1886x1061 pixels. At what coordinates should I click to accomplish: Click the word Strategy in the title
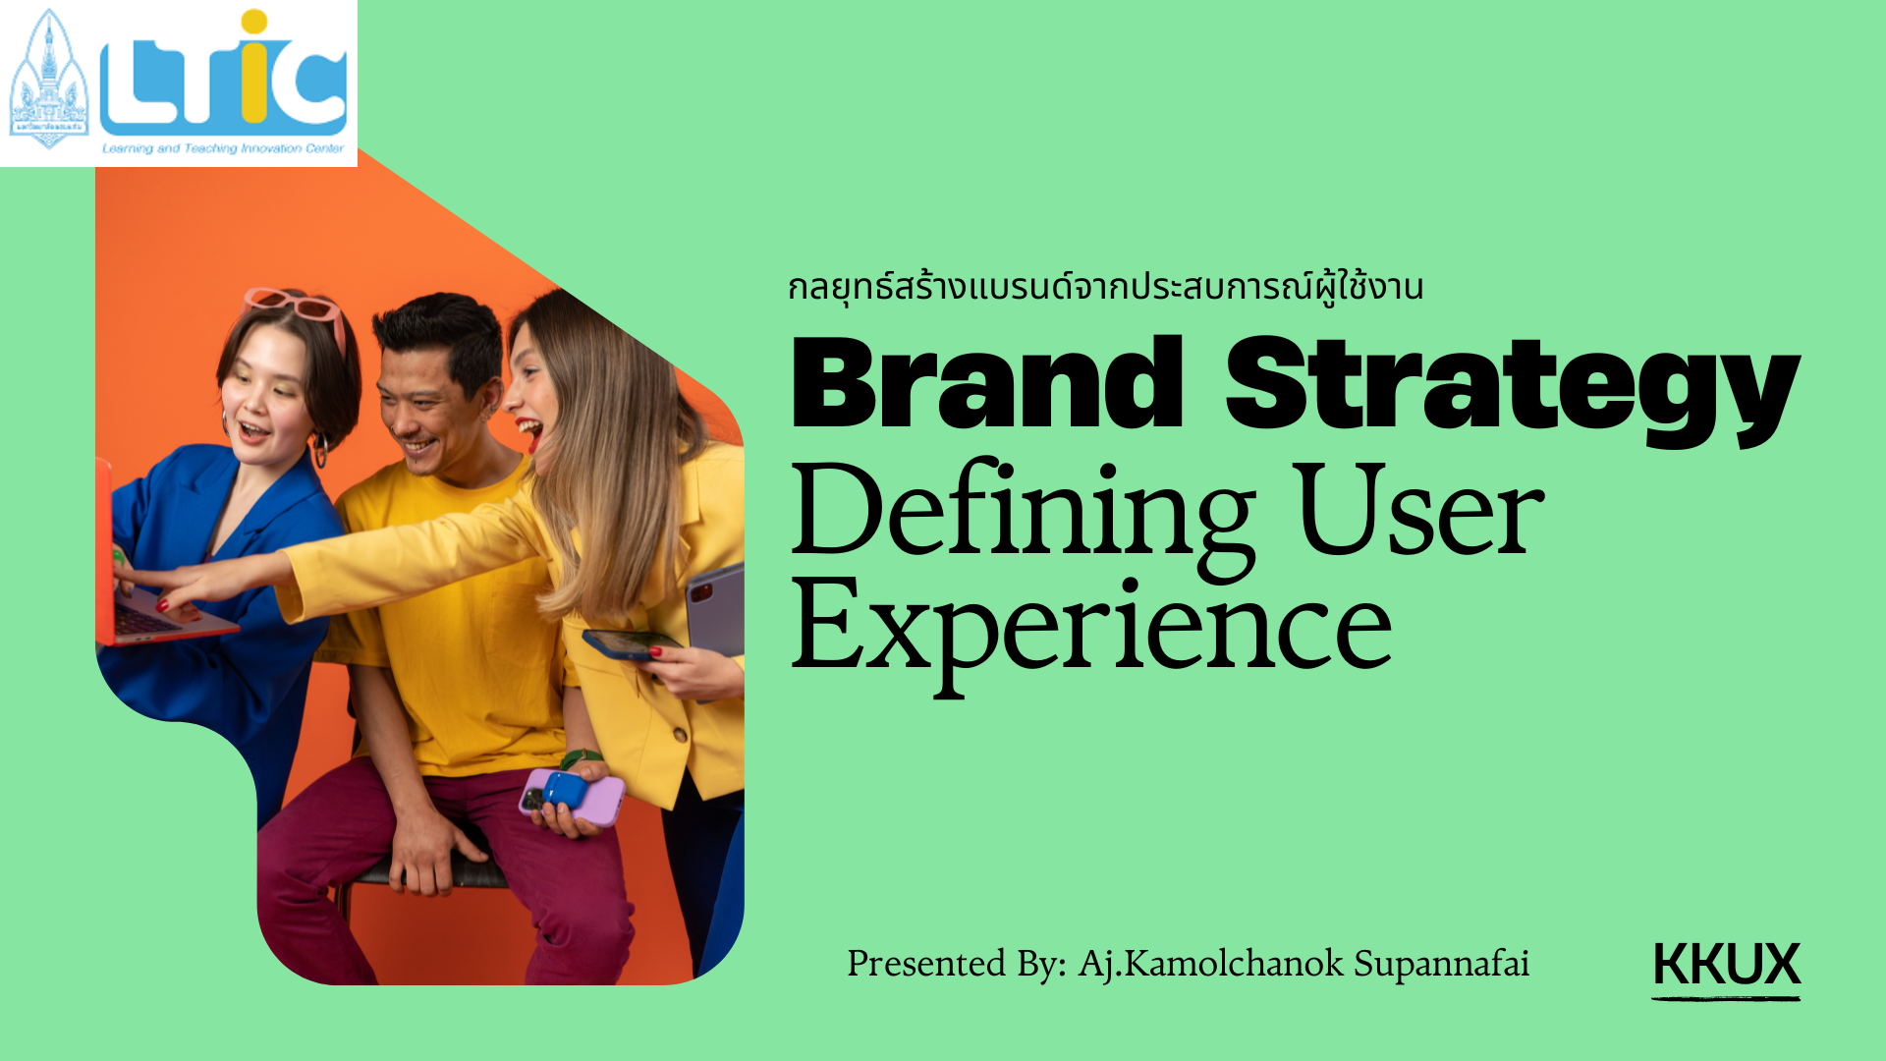tap(1513, 391)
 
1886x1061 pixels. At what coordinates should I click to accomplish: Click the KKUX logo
tap(1726, 969)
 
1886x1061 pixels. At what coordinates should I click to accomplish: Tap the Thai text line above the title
tap(1106, 287)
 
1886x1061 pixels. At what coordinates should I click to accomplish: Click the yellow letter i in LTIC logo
tap(253, 67)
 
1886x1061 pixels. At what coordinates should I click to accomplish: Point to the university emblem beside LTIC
tap(48, 80)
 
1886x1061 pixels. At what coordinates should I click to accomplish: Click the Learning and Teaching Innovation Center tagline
tap(223, 148)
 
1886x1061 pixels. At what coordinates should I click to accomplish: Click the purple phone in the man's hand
tap(573, 796)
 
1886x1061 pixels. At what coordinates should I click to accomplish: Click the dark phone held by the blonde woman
tap(631, 643)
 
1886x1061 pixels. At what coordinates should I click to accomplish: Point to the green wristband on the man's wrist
tap(581, 758)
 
